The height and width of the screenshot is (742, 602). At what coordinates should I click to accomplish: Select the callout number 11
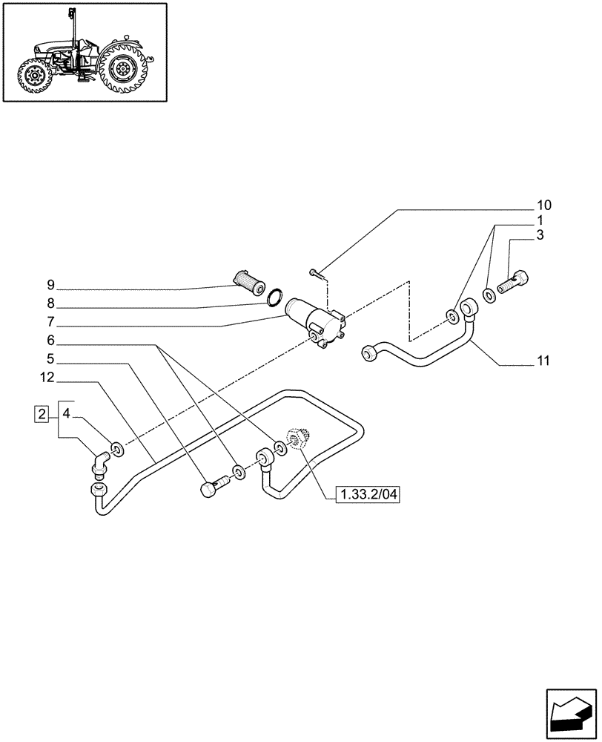(x=543, y=361)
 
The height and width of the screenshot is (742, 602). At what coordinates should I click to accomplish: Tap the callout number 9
(x=50, y=285)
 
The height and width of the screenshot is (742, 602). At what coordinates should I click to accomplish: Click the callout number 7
(x=50, y=323)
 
